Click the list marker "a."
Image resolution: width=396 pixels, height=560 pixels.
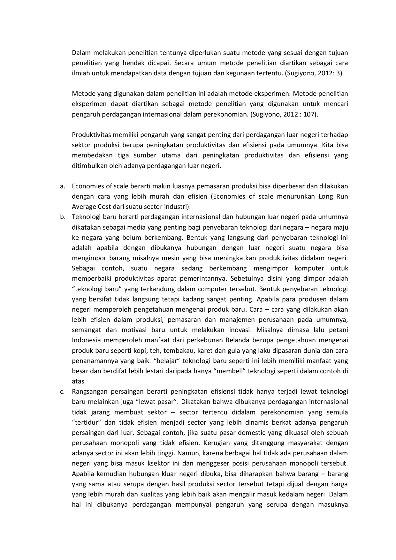click(62, 186)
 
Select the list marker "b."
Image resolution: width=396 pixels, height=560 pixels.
click(62, 217)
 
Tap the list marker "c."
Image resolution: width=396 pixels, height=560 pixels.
click(62, 392)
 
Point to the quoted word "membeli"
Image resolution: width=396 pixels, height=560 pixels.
click(228, 371)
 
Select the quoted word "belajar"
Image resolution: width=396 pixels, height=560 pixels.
click(165, 361)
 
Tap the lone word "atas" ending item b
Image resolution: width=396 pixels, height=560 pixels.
click(78, 381)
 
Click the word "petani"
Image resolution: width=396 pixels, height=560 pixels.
click(338, 330)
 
